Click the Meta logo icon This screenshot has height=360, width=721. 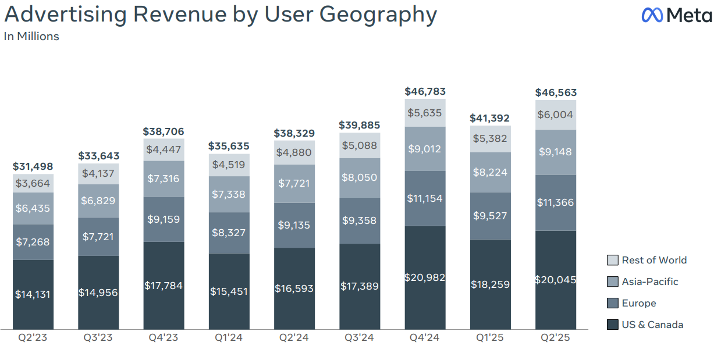click(652, 15)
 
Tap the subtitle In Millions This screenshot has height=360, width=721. click(31, 37)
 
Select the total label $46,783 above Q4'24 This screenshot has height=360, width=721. click(425, 91)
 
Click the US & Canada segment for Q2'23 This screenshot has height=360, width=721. click(33, 294)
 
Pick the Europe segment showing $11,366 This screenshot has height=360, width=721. click(555, 202)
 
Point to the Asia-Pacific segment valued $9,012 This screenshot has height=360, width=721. click(425, 149)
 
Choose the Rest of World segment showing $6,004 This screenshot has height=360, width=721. click(555, 115)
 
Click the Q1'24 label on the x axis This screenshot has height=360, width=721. click(229, 338)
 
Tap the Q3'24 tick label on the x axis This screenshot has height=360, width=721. click(360, 338)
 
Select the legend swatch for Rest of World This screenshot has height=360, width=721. click(612, 260)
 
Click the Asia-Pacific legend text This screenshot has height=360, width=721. click(650, 281)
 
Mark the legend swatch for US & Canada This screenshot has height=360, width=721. click(612, 325)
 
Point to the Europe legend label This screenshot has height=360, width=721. click(638, 303)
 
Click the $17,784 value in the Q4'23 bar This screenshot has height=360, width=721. click(164, 286)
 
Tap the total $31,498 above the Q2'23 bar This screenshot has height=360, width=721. click(33, 167)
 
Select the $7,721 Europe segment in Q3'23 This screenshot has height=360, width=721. click(98, 237)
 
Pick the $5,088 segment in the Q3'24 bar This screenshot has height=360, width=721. click(360, 145)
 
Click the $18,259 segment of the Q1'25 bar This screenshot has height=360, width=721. click(490, 284)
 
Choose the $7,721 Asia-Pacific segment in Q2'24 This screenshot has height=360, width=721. click(294, 183)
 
